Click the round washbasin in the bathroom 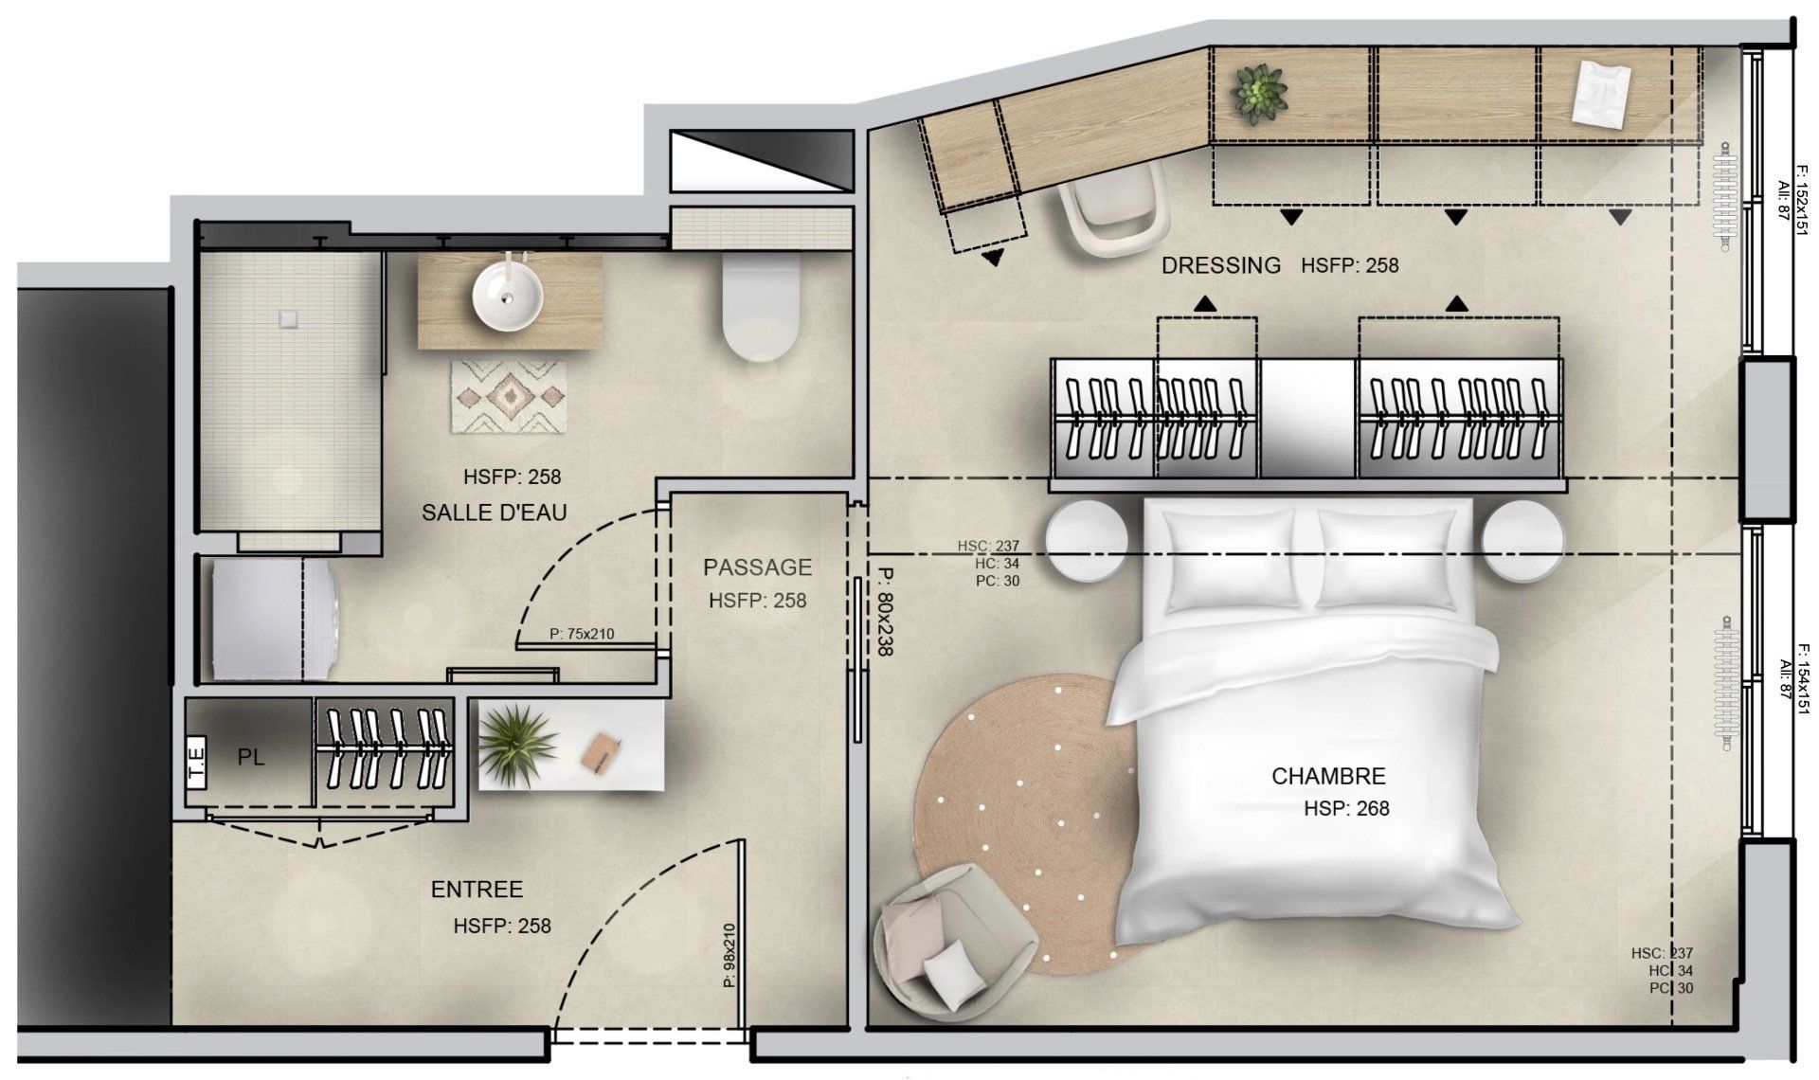tap(509, 294)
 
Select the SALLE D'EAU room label tap(495, 513)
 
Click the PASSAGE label tap(757, 567)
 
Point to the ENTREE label tap(477, 890)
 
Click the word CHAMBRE tap(1328, 776)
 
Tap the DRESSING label tap(1221, 265)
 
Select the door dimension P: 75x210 tap(582, 634)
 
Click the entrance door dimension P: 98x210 tap(729, 955)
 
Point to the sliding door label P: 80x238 tap(885, 612)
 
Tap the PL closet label tap(251, 758)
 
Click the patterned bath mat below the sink tap(509, 397)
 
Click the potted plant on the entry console tap(516, 742)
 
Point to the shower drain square tap(287, 314)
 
